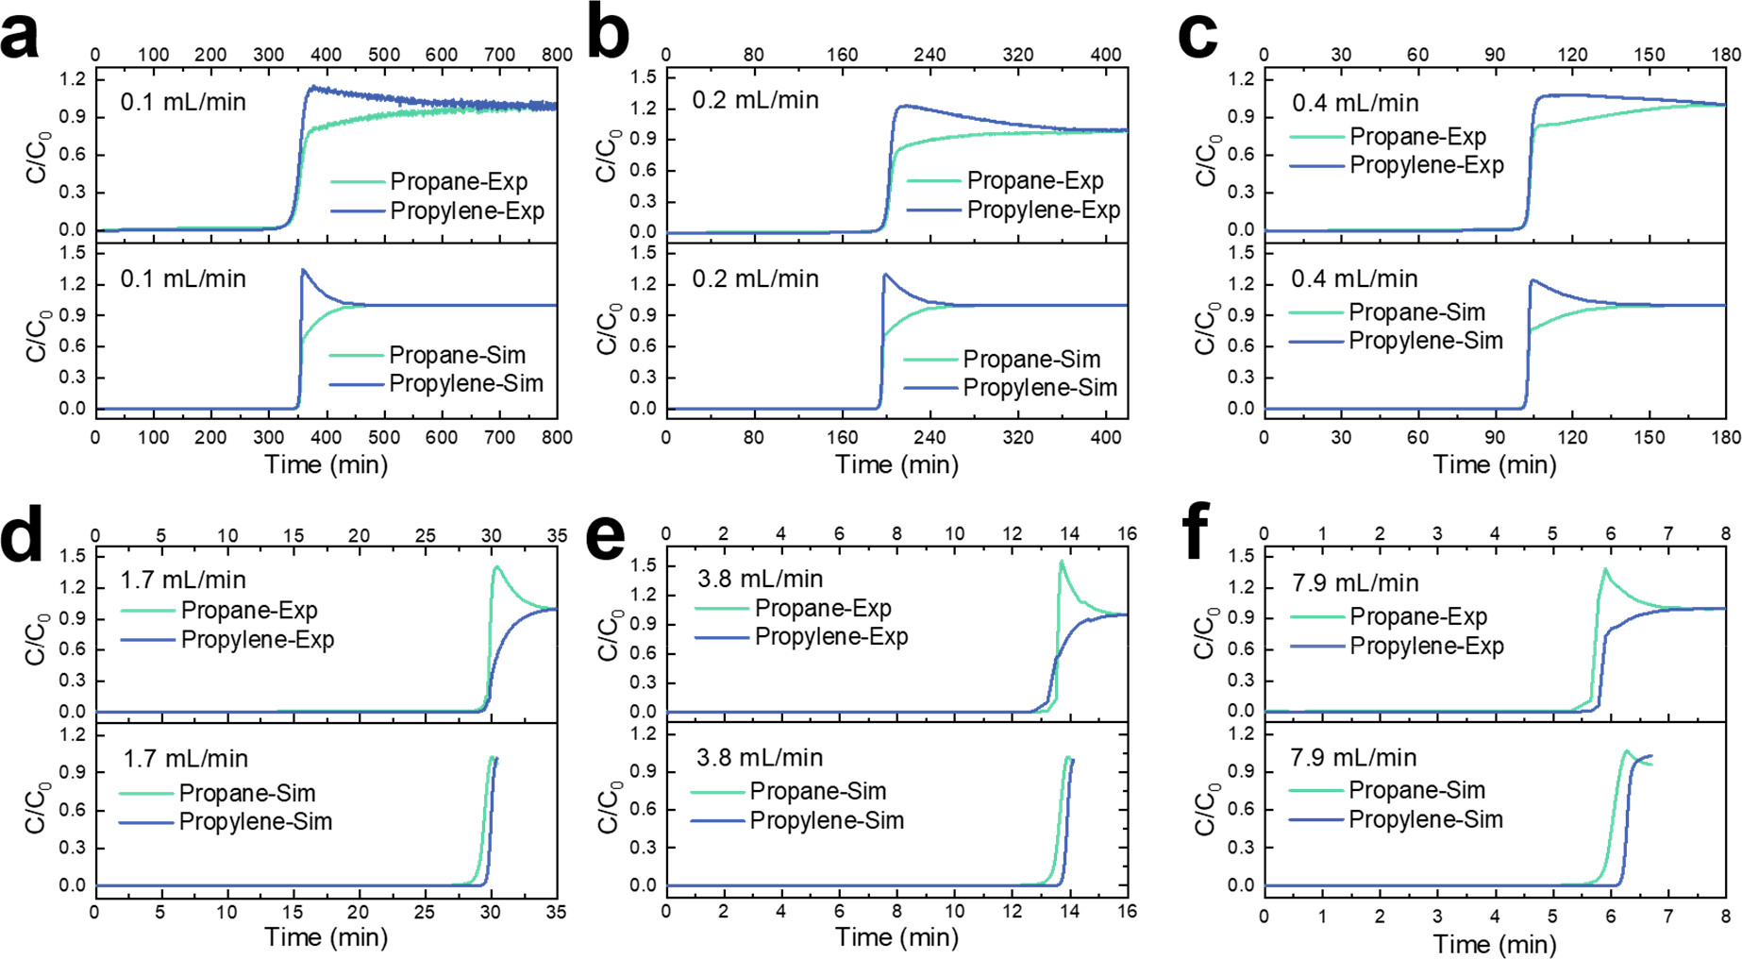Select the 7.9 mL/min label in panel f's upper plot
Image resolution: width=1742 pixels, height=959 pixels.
pyautogui.click(x=1355, y=582)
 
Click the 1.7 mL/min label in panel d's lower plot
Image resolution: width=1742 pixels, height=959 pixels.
pyautogui.click(x=186, y=758)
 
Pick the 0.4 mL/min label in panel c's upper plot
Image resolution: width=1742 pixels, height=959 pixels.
pyautogui.click(x=1355, y=103)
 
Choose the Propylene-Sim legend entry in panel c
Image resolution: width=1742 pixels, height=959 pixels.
pyautogui.click(x=1425, y=341)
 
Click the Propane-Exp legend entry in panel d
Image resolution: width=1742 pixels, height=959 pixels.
pyautogui.click(x=248, y=611)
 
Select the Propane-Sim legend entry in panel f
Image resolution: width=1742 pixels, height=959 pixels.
pyautogui.click(x=1416, y=790)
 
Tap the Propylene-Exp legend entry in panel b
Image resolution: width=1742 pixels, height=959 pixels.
pyautogui.click(x=1043, y=210)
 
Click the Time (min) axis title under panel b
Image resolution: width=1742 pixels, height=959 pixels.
pyautogui.click(x=896, y=464)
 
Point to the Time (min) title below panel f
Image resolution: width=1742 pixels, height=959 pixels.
pyautogui.click(x=1495, y=944)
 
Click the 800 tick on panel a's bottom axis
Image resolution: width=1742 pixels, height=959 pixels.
pyautogui.click(x=557, y=438)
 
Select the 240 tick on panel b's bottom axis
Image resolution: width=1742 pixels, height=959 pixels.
pyautogui.click(x=930, y=438)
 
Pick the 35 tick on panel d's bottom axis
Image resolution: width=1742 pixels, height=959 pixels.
pyautogui.click(x=557, y=911)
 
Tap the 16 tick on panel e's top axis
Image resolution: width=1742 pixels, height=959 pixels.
pyautogui.click(x=1127, y=534)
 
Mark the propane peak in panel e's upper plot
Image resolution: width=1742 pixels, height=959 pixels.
pyautogui.click(x=1062, y=562)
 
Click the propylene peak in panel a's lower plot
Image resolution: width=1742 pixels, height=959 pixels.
pyautogui.click(x=303, y=271)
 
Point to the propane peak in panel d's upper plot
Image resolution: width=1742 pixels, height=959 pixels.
pyautogui.click(x=496, y=567)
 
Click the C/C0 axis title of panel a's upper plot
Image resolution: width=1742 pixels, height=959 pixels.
pyautogui.click(x=38, y=157)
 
